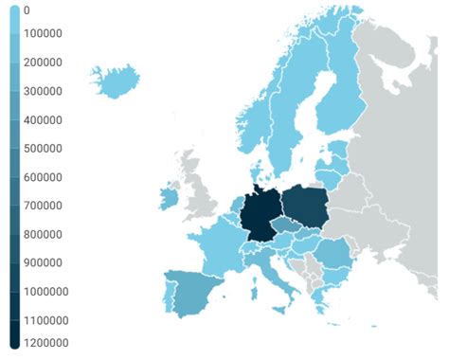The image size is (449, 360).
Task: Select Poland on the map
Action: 306,204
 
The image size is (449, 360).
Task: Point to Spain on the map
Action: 192,289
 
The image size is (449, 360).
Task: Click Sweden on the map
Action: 284,123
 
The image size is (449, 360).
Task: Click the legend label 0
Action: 27,10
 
